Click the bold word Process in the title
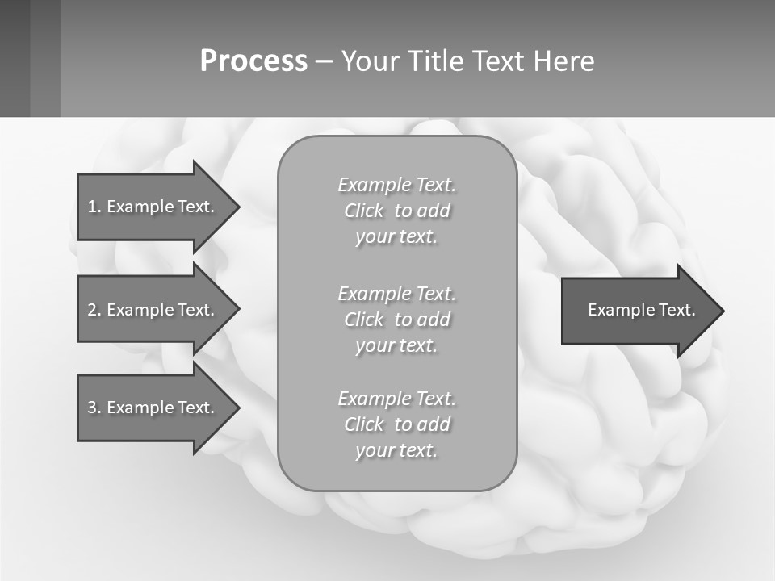coord(253,61)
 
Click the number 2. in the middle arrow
coord(94,310)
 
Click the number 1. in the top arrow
coord(94,207)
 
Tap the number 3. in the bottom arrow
coord(94,408)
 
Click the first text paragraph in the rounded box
coord(396,211)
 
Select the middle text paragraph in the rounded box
coord(396,320)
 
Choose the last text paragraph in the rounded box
coord(396,424)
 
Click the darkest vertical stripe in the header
coord(15,58)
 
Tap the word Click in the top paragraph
coord(364,211)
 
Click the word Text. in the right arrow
coord(675,310)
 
